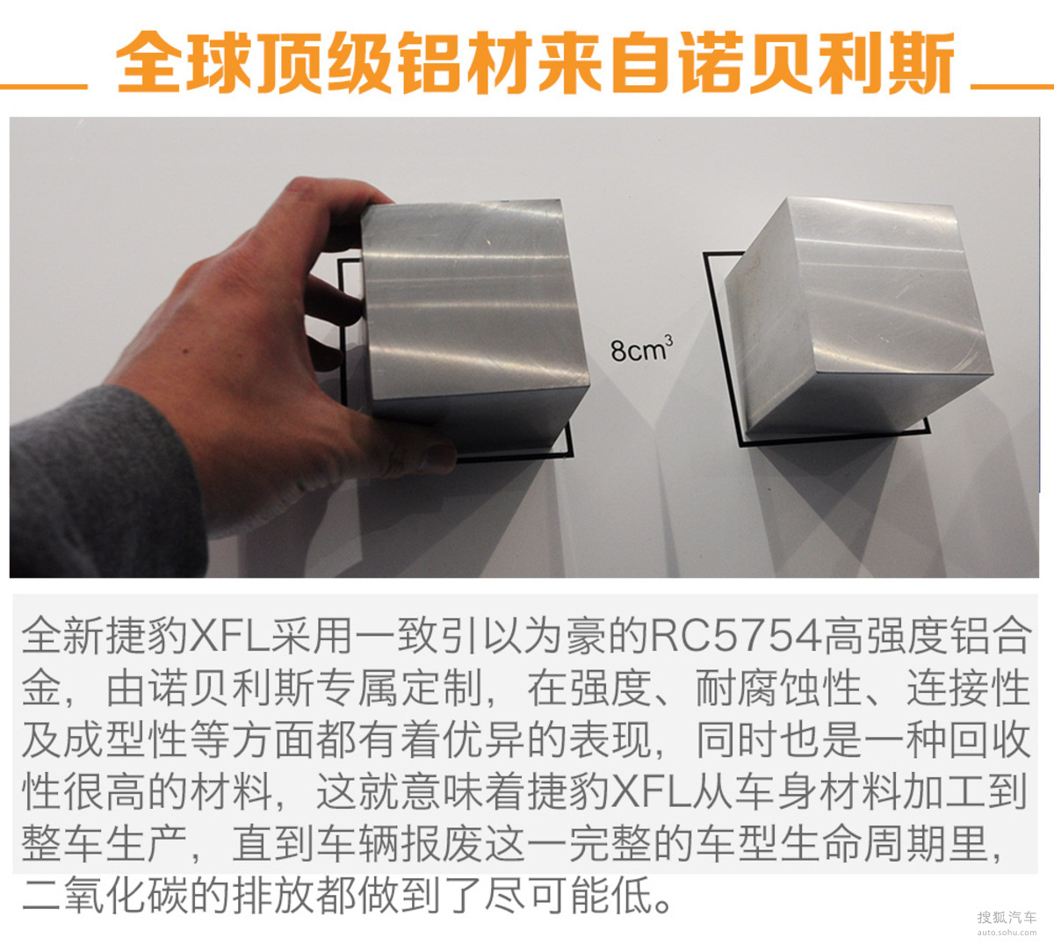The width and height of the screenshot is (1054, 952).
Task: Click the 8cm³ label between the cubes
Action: tap(641, 349)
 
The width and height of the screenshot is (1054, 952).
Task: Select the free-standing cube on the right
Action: tap(859, 321)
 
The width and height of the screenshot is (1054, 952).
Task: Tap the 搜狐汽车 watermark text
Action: tap(1007, 918)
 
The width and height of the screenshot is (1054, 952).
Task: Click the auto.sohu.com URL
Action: tap(1007, 933)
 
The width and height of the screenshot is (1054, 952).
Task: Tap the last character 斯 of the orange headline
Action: tap(920, 62)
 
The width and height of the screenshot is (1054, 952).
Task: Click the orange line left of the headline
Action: tap(44, 87)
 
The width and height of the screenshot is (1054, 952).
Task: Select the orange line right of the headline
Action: tap(1012, 87)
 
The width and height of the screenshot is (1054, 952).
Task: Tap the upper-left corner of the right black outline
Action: tap(705, 255)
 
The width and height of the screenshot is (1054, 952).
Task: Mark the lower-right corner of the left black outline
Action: tap(571, 456)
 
